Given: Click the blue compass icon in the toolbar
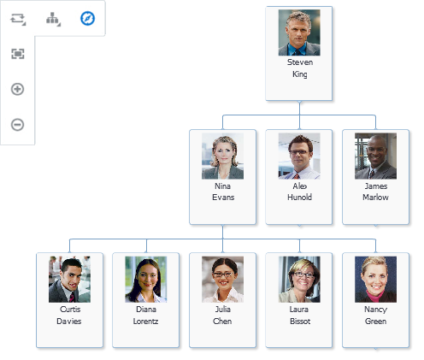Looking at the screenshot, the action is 87,19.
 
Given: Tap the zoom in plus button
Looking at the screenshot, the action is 17,89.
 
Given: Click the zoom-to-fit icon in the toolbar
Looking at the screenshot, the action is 18,54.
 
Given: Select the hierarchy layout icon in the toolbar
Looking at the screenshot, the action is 53,19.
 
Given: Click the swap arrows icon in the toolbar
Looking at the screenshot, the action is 18,19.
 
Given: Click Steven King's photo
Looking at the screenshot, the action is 299,32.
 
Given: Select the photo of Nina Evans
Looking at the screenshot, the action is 222,156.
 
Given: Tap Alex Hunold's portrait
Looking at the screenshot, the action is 299,156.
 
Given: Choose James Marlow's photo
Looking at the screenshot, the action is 375,156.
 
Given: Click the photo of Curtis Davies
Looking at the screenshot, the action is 69,280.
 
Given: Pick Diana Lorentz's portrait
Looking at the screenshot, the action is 146,280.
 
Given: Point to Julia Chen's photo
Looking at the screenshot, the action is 222,280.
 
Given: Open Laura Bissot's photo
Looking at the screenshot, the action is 299,280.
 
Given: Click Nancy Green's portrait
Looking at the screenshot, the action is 375,280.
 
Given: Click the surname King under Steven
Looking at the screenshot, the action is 300,74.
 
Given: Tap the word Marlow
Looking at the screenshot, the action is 375,198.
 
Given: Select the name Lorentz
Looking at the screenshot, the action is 145,322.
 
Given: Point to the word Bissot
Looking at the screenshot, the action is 300,322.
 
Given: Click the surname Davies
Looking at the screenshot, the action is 69,322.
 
